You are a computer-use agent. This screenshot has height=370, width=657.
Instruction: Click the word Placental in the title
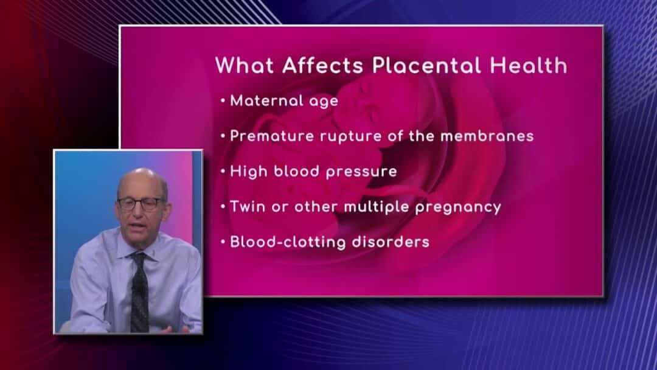(426, 66)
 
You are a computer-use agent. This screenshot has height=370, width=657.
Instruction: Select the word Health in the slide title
(529, 66)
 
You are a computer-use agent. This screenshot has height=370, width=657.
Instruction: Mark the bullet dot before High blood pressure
(223, 172)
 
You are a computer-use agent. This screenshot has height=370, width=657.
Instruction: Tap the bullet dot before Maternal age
(223, 100)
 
